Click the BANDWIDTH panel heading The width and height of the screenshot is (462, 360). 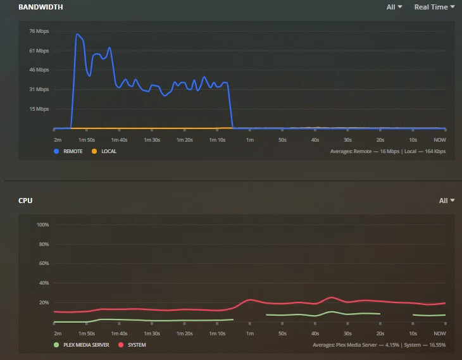[41, 7]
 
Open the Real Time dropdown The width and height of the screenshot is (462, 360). [434, 7]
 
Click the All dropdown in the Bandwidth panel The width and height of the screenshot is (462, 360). [394, 7]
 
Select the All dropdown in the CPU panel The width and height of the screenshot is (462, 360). [447, 201]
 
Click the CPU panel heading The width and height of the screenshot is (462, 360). [25, 201]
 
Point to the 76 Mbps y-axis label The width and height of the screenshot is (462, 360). [39, 31]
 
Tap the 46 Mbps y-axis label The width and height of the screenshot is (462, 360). [39, 70]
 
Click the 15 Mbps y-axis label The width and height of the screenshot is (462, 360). [39, 109]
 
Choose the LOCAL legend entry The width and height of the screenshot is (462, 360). [104, 151]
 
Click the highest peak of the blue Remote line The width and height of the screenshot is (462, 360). [77, 34]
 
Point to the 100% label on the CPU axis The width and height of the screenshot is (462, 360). [43, 225]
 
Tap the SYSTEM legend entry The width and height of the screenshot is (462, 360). [132, 345]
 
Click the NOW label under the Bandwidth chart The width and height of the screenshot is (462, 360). [439, 139]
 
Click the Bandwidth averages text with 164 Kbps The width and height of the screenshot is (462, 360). [388, 151]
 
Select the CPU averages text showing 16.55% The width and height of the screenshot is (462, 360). [379, 345]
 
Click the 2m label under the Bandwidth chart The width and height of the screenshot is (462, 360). [58, 139]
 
